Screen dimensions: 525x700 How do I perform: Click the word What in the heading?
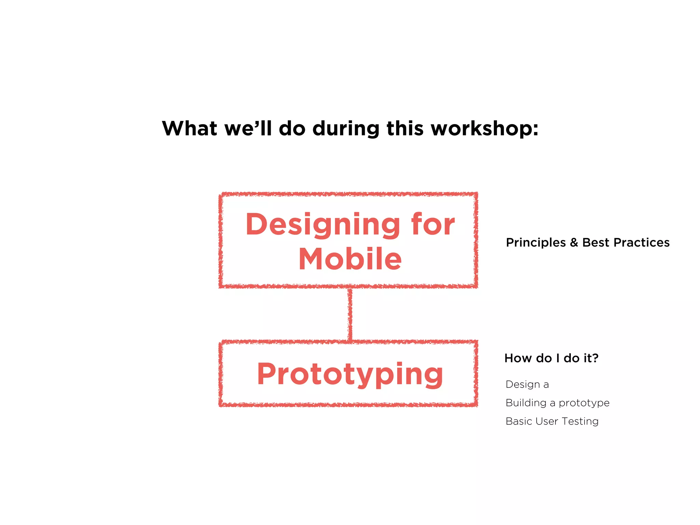tap(189, 129)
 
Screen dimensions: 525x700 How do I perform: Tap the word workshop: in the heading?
tap(484, 129)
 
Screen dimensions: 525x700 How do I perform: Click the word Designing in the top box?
tap(323, 225)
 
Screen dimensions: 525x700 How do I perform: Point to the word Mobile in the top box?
tap(350, 259)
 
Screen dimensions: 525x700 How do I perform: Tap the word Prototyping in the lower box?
tap(350, 375)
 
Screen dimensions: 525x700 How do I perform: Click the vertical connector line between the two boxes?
tap(350, 314)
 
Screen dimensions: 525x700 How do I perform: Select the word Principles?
tap(536, 243)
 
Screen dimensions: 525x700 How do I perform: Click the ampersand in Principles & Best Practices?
tap(574, 243)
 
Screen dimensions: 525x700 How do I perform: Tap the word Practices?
tap(641, 243)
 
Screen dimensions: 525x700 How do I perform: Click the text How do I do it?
tap(551, 358)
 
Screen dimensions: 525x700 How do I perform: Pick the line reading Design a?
tap(527, 385)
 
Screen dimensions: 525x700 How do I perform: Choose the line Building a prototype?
tap(557, 403)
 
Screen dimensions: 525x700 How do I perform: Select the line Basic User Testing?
tap(552, 421)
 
